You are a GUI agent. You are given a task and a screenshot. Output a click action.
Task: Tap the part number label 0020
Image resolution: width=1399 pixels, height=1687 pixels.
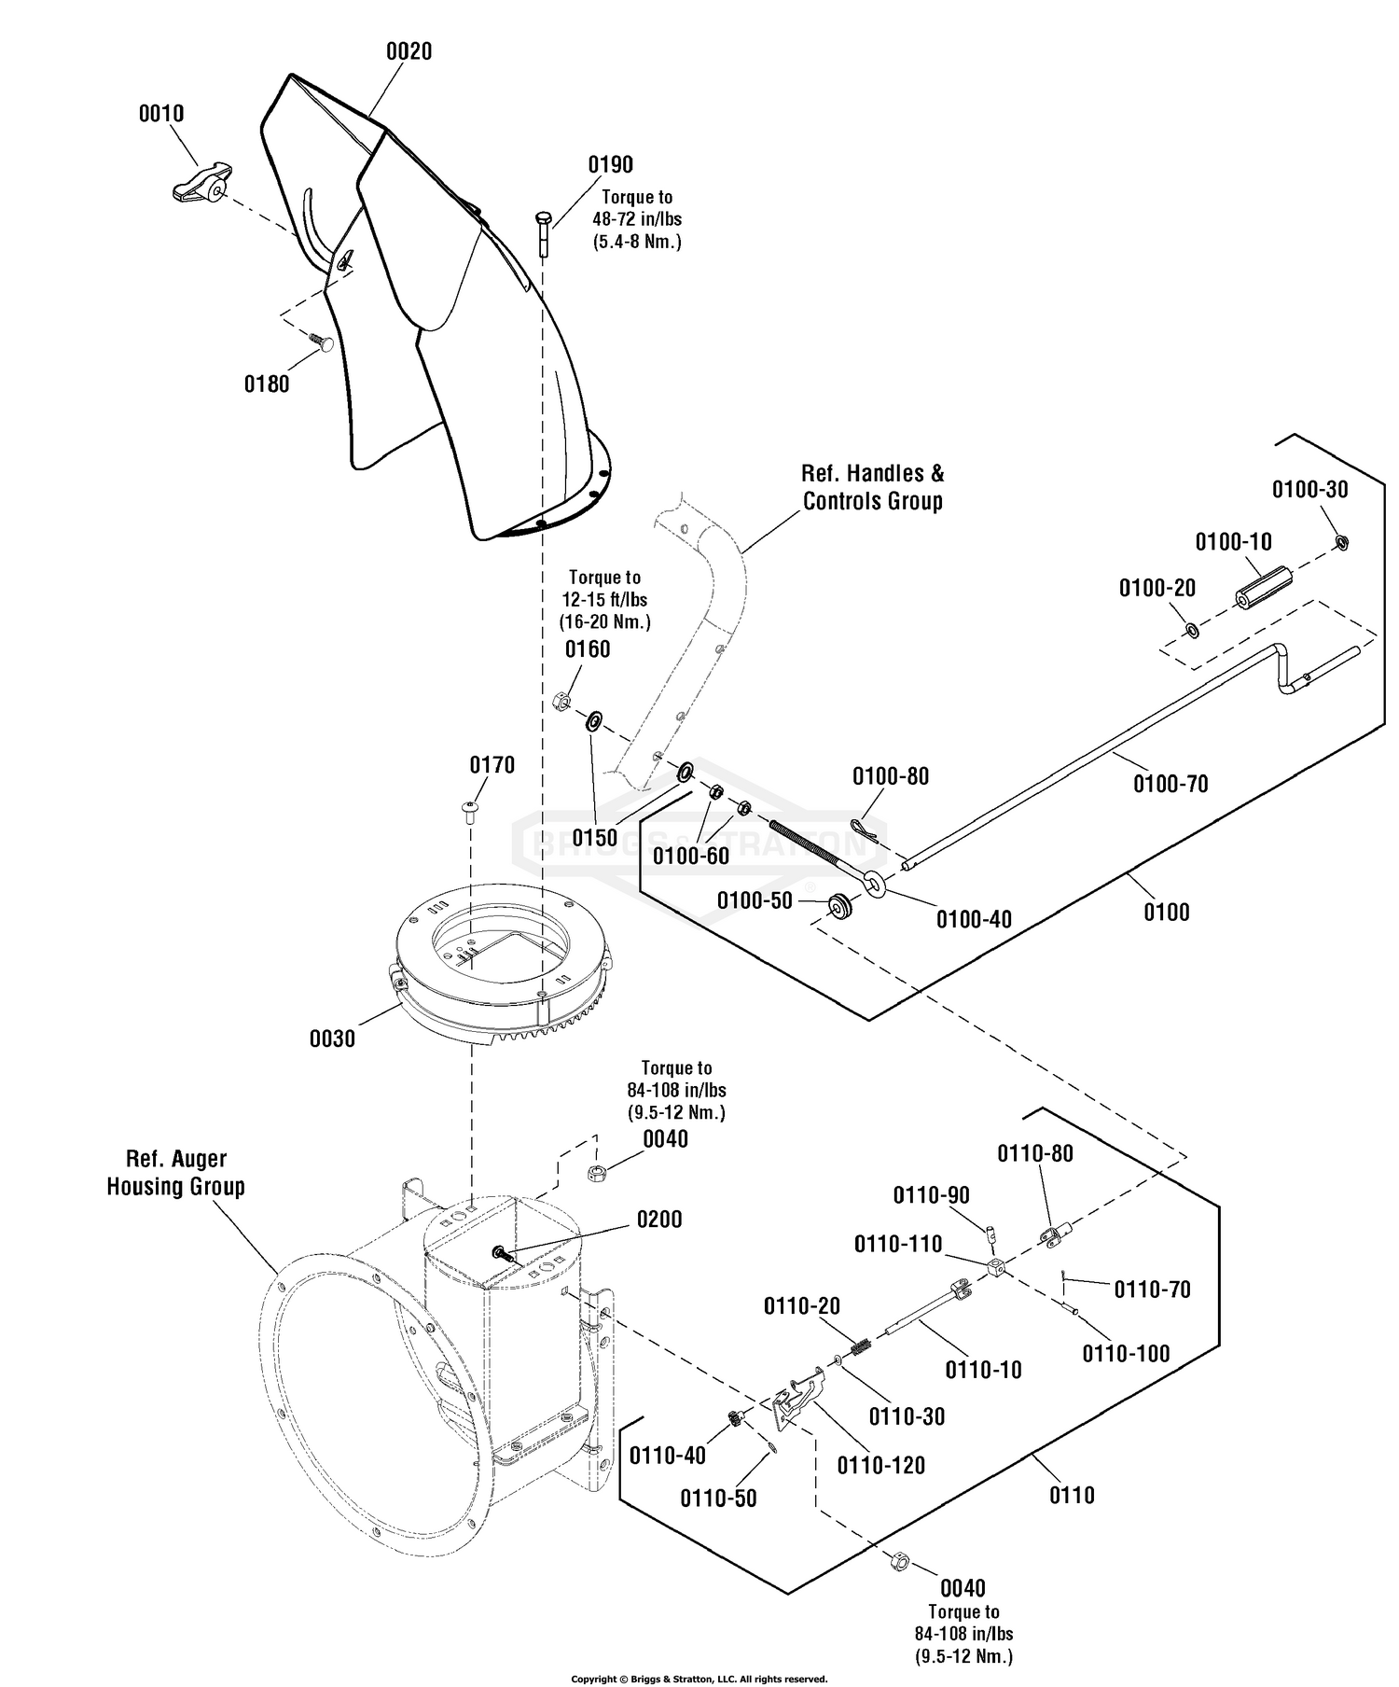(x=409, y=52)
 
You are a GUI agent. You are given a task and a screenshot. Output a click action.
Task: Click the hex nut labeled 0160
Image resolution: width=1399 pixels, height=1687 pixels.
(x=561, y=700)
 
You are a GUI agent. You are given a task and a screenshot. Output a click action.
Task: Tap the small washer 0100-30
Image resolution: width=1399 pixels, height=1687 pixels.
(x=1341, y=541)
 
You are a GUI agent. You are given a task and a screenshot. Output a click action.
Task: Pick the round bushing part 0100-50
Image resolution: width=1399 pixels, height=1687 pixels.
(x=842, y=905)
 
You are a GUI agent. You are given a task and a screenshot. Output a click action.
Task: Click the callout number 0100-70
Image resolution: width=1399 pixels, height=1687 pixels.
(x=1170, y=784)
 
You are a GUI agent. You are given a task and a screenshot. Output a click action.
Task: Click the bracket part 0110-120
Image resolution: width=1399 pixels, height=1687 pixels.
(x=799, y=1395)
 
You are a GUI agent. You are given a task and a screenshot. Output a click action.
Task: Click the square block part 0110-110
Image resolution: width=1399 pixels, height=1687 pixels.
(x=997, y=1268)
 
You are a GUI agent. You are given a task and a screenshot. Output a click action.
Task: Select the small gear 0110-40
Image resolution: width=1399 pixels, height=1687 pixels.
(x=735, y=1418)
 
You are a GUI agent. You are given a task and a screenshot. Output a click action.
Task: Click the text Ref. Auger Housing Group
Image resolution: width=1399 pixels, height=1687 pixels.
(x=175, y=1173)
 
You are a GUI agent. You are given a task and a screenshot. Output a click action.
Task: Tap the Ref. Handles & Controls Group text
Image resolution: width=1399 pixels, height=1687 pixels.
(x=873, y=487)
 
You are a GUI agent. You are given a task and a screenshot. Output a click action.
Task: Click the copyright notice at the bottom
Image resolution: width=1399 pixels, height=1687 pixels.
(x=699, y=1679)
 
